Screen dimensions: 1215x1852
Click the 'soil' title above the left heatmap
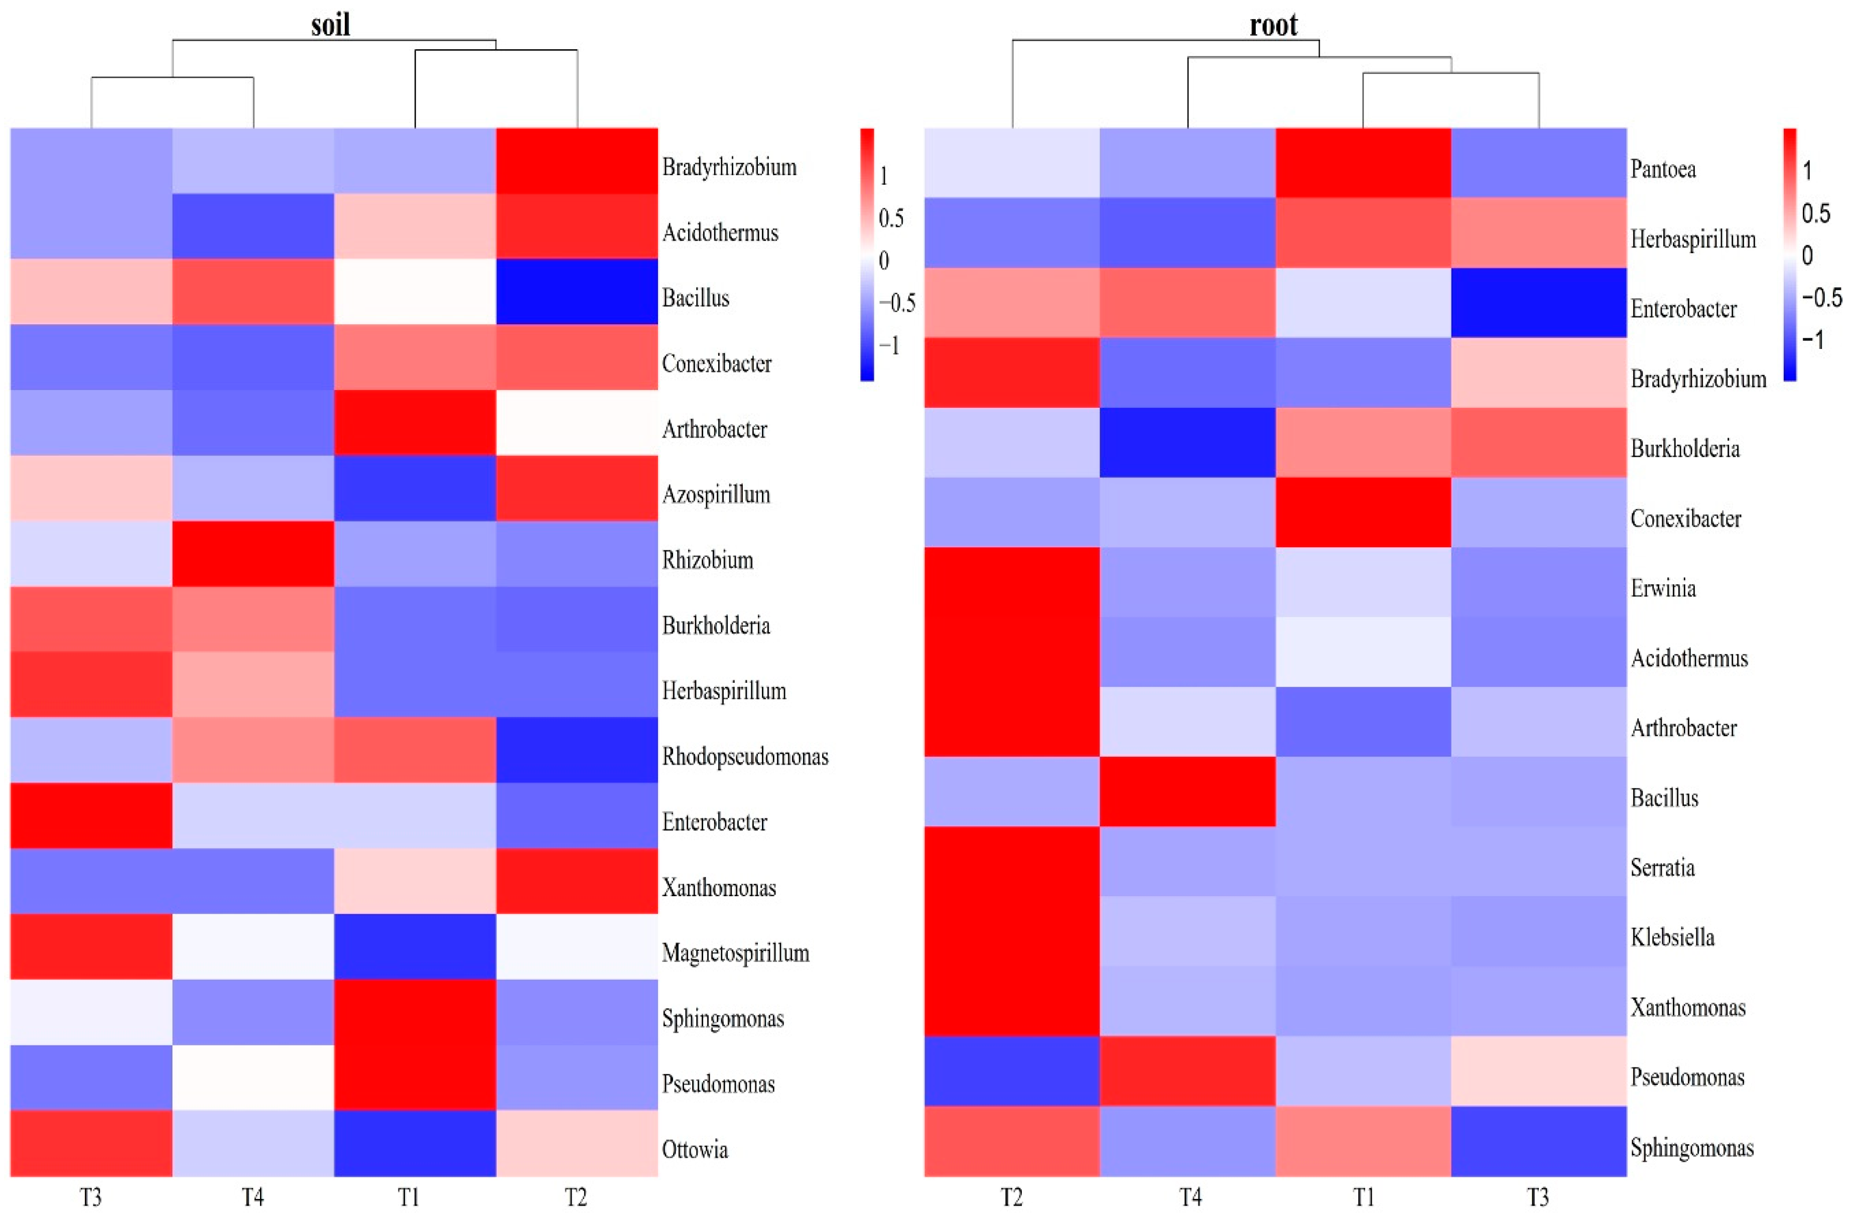pos(331,25)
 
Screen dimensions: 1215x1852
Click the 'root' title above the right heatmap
pos(1273,25)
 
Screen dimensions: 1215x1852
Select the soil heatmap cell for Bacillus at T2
pos(577,291)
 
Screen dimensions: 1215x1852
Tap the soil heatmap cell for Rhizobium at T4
pos(253,553)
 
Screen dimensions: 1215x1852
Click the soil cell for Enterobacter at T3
pos(91,815)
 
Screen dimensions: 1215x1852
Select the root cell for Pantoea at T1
pos(1363,163)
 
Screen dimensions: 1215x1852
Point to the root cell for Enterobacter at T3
pos(1538,303)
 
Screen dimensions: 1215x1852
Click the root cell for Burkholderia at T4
pos(1187,442)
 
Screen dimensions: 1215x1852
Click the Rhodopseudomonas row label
pos(745,757)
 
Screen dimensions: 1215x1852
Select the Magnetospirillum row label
pos(735,953)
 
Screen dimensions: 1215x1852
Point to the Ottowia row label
pos(695,1150)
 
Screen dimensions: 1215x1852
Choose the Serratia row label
pos(1662,867)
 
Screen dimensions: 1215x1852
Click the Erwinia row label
pos(1663,587)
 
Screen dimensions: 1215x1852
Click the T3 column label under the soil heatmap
pos(91,1197)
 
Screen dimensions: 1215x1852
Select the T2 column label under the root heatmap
pos(1012,1197)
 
